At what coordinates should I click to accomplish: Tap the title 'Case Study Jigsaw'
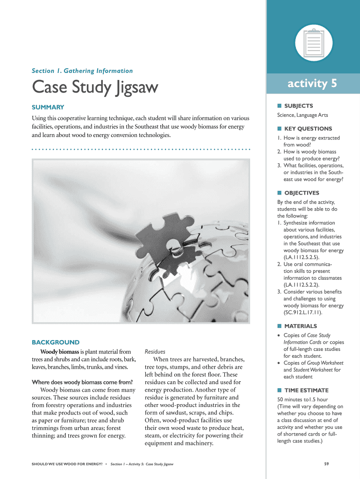click(x=95, y=87)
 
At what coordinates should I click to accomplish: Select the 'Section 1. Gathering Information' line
click(x=82, y=71)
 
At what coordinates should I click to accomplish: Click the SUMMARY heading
click(x=48, y=107)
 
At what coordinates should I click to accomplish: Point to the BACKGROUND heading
click(x=55, y=342)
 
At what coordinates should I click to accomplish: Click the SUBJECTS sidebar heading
click(x=298, y=106)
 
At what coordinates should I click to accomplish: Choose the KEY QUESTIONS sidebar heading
click(x=308, y=129)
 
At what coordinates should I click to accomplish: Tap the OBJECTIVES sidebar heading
click(x=302, y=193)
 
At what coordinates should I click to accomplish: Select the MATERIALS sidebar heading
click(x=300, y=326)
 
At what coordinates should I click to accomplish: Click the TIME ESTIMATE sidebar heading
click(x=306, y=390)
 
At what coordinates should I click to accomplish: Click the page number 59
click(x=327, y=464)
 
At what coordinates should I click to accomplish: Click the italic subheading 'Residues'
click(x=155, y=352)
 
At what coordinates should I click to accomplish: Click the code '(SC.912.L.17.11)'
click(x=303, y=312)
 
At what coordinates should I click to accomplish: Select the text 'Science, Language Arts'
click(x=302, y=115)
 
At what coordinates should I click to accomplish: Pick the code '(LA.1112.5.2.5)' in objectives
click(x=302, y=257)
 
